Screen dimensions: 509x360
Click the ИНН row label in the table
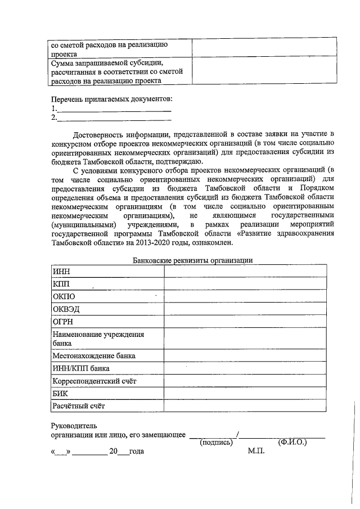(61, 272)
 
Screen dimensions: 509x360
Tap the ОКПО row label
(64, 296)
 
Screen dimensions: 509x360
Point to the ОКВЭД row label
(66, 309)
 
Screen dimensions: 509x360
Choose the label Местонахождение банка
(93, 356)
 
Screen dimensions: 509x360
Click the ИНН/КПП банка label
(80, 368)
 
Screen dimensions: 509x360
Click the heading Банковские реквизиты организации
(192, 260)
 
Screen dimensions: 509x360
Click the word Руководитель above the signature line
(74, 426)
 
